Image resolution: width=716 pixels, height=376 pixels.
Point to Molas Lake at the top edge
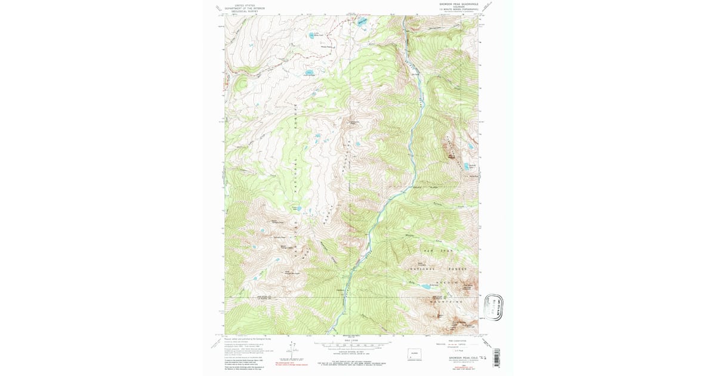click(362, 23)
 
